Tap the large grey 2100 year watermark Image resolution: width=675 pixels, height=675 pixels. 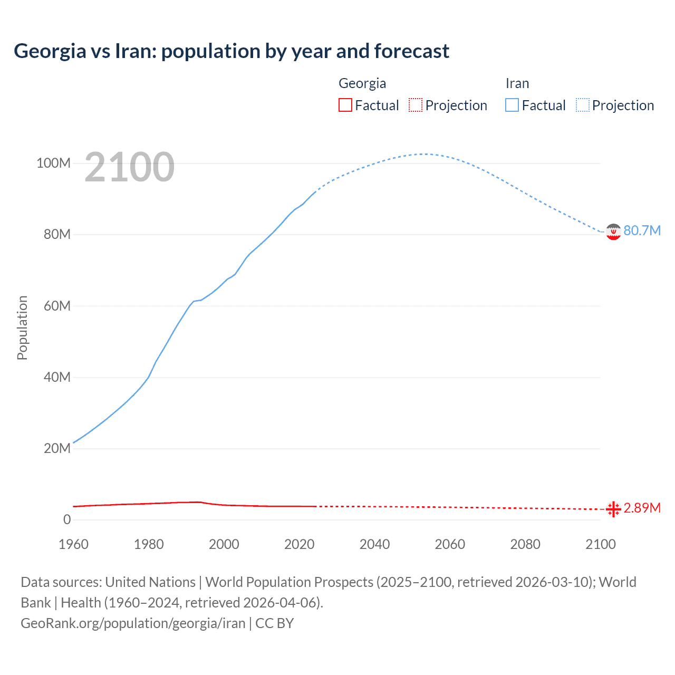[129, 167]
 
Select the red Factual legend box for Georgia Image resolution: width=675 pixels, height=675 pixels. [345, 105]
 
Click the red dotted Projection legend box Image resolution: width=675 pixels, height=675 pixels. [416, 105]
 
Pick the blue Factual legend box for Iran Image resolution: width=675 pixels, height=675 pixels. [512, 105]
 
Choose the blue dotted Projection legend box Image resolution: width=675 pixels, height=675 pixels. [582, 105]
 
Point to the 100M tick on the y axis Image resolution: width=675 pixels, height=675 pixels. [53, 163]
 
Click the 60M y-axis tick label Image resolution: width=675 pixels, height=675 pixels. [56, 306]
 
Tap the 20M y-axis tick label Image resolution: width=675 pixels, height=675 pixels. [56, 448]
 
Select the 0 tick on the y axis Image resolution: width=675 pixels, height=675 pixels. [67, 519]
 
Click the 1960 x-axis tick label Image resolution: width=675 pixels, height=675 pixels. [73, 544]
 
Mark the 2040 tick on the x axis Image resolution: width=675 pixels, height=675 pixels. [374, 544]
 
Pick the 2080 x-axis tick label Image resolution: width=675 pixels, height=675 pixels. [525, 544]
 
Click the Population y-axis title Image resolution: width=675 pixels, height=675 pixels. [22, 327]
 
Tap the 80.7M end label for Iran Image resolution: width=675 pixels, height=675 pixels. [642, 230]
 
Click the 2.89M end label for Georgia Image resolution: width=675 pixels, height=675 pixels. [642, 508]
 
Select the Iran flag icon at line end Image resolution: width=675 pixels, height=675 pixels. [613, 232]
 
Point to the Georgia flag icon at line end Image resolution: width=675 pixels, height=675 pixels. [613, 509]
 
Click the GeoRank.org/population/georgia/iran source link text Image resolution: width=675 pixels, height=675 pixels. [133, 623]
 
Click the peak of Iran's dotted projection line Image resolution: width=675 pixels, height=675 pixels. [423, 154]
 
